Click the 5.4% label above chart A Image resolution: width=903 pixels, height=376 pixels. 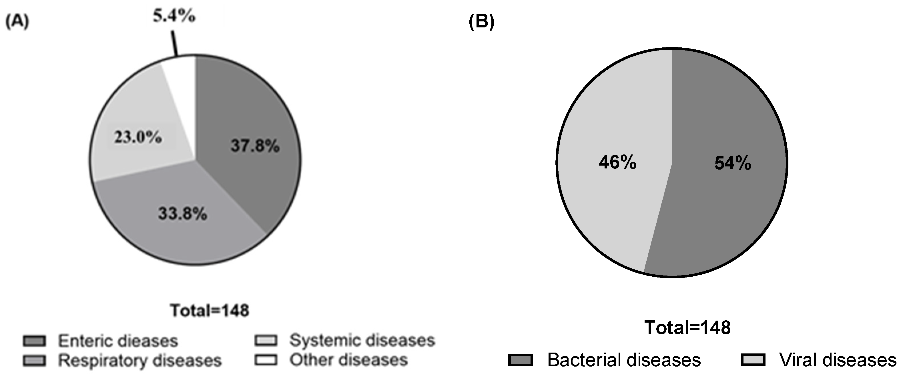tap(174, 16)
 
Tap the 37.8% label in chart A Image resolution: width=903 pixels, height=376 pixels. tap(255, 145)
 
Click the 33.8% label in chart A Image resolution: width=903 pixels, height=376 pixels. tap(183, 213)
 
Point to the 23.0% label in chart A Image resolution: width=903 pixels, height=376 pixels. tap(138, 137)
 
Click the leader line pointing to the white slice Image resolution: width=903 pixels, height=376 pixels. tap(174, 43)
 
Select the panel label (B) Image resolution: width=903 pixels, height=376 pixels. tap(481, 22)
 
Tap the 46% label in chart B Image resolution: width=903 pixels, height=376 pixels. tap(617, 162)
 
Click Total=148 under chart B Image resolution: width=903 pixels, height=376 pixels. tap(687, 328)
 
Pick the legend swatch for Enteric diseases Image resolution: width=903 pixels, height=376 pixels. tap(34, 341)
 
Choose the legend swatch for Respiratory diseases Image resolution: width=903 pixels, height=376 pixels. tap(34, 361)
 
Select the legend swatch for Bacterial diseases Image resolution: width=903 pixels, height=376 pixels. tap(521, 360)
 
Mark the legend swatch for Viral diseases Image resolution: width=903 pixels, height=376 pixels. tap(753, 360)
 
